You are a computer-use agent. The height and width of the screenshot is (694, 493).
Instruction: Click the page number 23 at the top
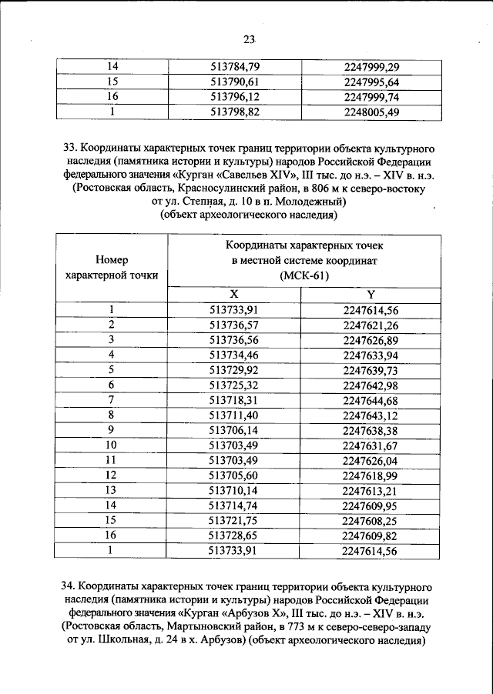pyautogui.click(x=247, y=40)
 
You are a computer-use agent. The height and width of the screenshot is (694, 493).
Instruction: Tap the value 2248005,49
pyautogui.click(x=371, y=112)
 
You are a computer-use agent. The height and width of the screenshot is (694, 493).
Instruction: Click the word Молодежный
pyautogui.click(x=306, y=202)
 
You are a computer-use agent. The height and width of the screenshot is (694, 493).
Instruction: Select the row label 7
pyautogui.click(x=112, y=400)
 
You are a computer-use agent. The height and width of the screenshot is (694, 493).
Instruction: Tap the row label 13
pyautogui.click(x=112, y=490)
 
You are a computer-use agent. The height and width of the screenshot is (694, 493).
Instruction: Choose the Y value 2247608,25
pyautogui.click(x=371, y=521)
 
